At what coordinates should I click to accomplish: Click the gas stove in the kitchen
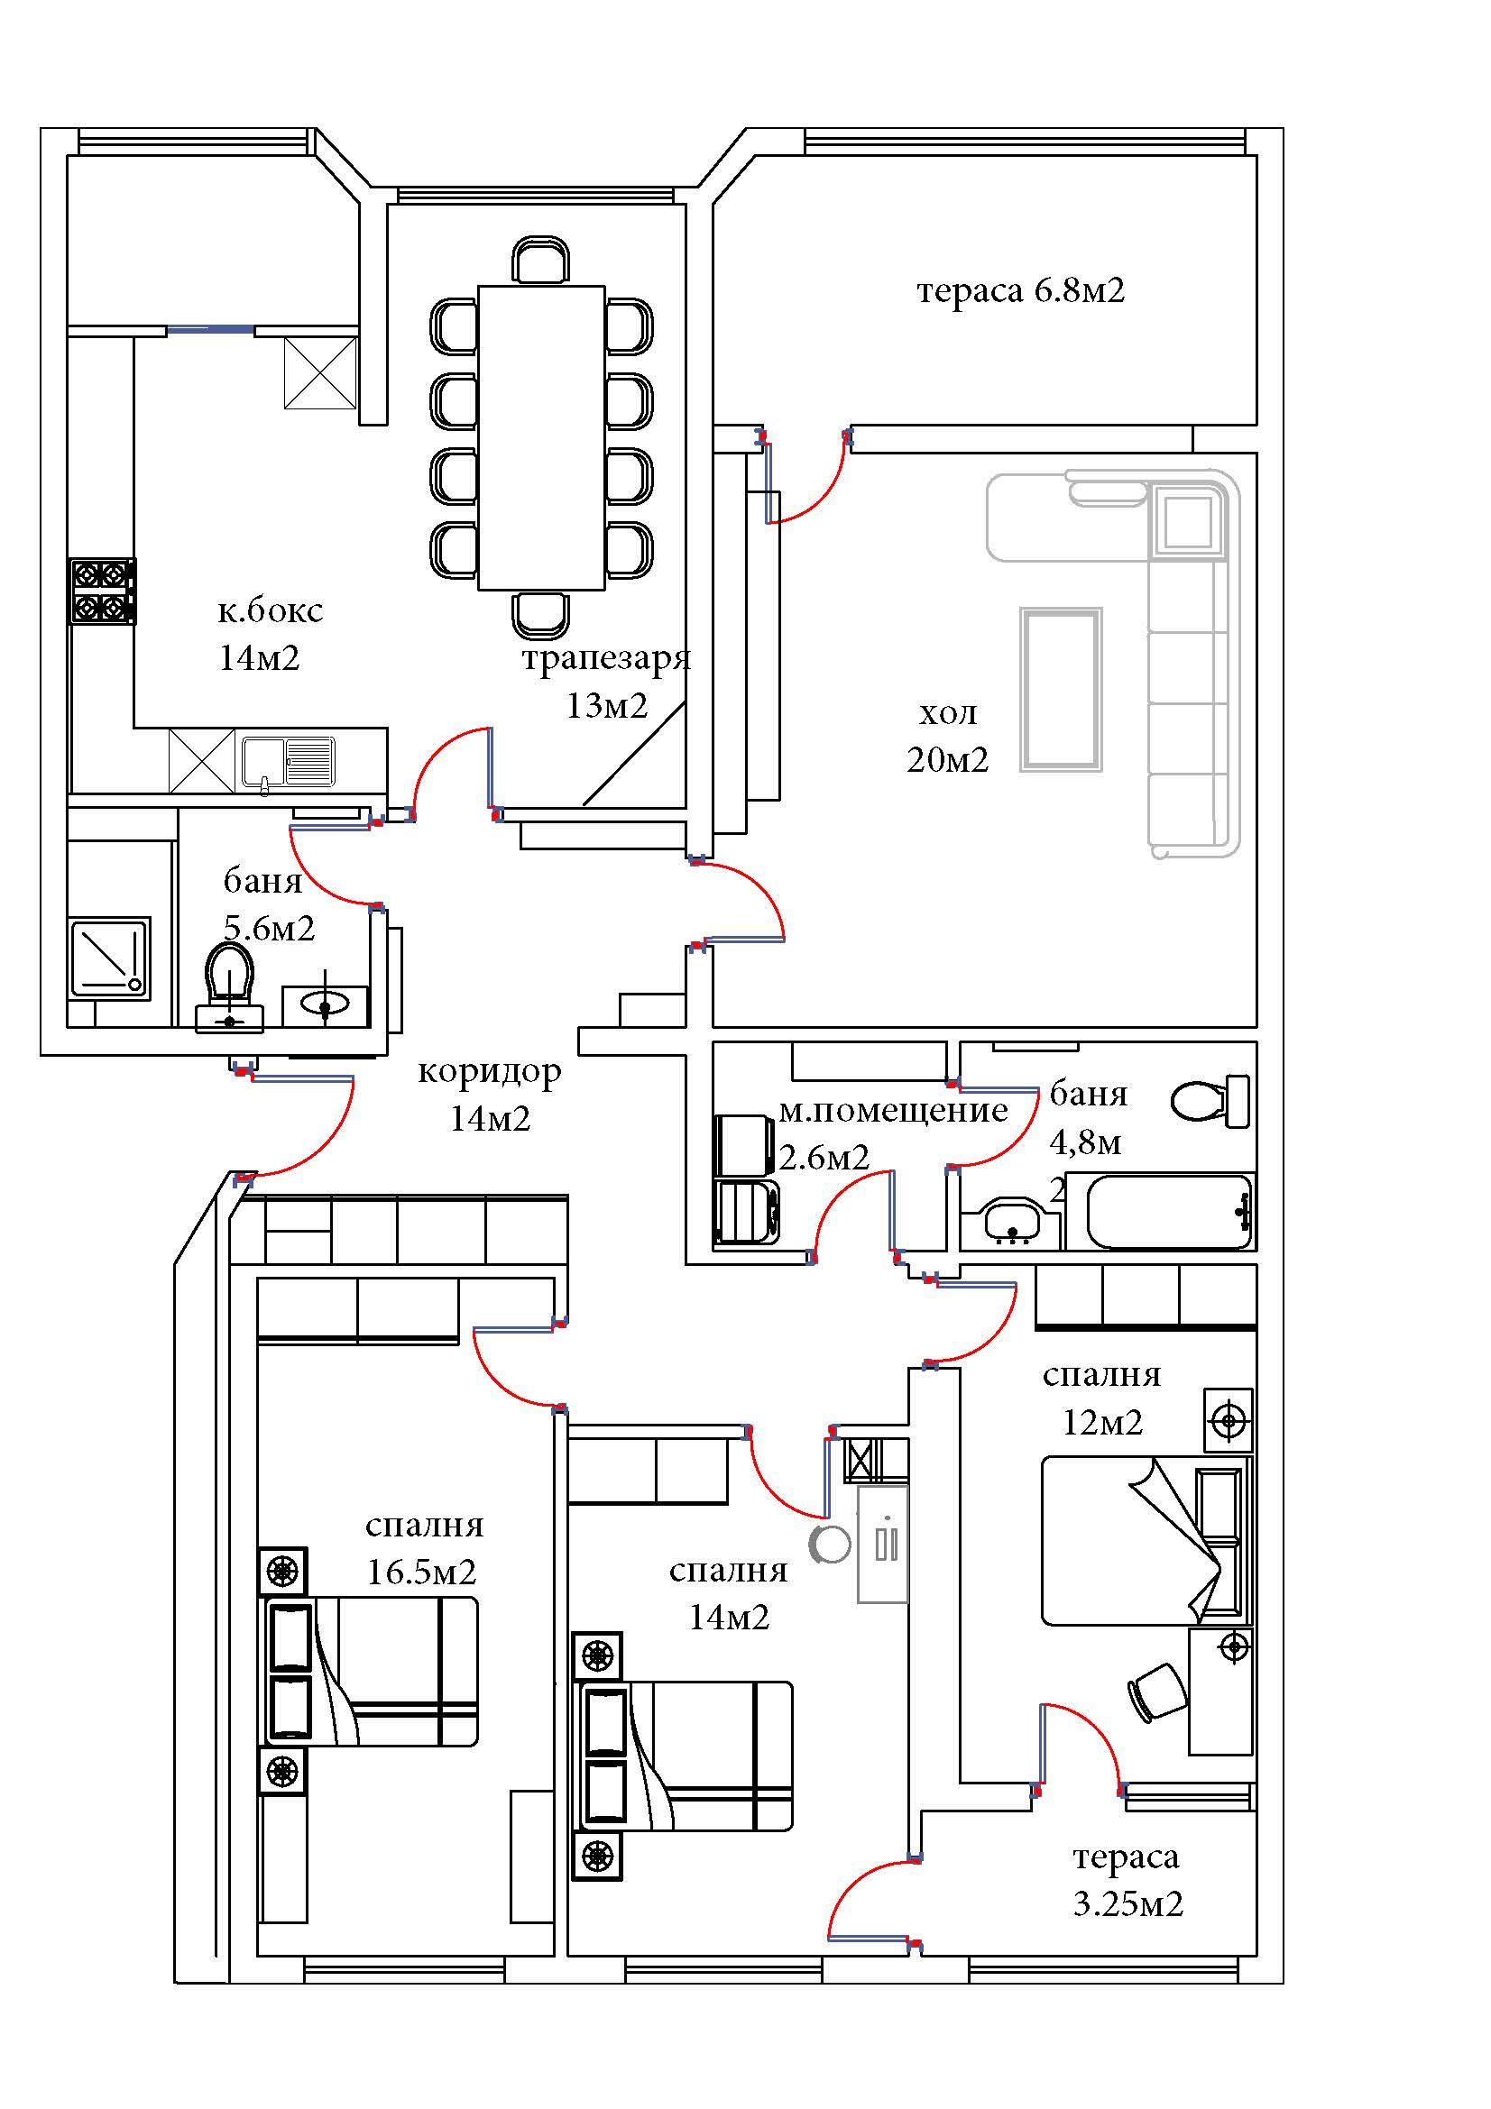103,591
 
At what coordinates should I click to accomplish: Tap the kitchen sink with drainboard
289,763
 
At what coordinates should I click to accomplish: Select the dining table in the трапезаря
541,437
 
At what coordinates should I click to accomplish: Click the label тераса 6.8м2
1021,291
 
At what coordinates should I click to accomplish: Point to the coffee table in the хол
1061,689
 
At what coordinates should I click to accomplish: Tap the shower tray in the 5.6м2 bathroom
110,958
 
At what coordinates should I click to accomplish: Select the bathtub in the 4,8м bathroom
1170,1211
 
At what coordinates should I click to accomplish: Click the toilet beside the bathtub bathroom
1210,1100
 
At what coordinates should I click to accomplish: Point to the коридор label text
490,1071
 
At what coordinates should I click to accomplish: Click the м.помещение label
893,1111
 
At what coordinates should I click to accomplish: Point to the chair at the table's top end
541,260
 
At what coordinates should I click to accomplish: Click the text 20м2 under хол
947,759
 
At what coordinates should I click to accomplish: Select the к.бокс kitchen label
270,610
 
